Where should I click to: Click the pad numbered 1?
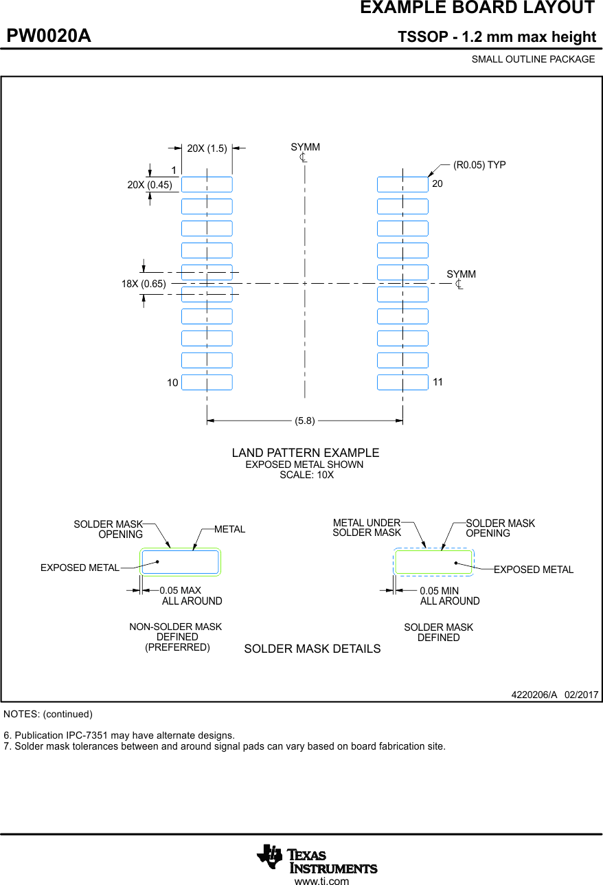point(207,184)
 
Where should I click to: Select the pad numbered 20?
point(402,184)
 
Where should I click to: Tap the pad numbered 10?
point(207,382)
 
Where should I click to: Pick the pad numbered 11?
point(402,382)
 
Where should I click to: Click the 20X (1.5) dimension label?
point(207,148)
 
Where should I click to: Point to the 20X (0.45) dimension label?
point(150,184)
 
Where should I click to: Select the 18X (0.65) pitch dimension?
point(144,283)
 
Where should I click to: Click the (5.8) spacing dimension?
point(305,421)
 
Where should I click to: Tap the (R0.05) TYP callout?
point(479,165)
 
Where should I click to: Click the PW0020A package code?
point(49,36)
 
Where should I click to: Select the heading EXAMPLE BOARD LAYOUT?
point(477,8)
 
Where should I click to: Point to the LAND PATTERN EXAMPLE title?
point(306,453)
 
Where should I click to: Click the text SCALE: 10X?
point(306,475)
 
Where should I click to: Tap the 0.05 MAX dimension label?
point(180,590)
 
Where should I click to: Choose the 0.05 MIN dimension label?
point(440,590)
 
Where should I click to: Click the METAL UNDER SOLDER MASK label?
point(367,528)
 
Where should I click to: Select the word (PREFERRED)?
point(177,647)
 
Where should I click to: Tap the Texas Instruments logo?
point(317,859)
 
